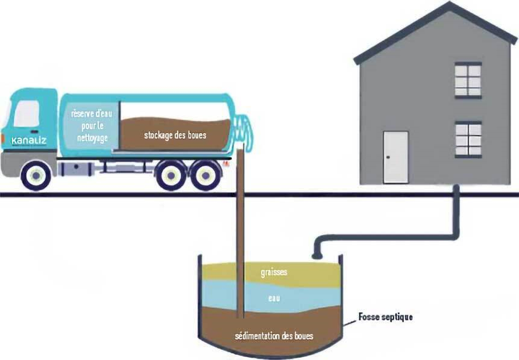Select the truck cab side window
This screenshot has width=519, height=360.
click(x=27, y=114)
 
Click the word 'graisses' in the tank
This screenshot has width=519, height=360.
click(x=274, y=273)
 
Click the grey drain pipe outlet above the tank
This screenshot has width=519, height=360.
click(x=315, y=253)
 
